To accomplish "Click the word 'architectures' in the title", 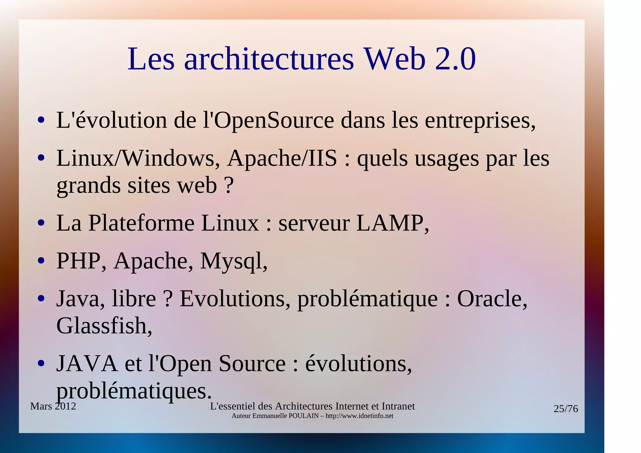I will pyautogui.click(x=269, y=59).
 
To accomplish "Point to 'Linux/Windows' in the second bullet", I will pyautogui.click(x=138, y=158).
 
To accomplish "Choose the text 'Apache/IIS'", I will pyautogui.click(x=282, y=158).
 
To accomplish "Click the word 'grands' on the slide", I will pyautogui.click(x=89, y=186).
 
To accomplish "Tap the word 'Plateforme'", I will pyautogui.click(x=141, y=223).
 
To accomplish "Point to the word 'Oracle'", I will pyautogui.click(x=492, y=299).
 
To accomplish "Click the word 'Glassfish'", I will pyautogui.click(x=104, y=326).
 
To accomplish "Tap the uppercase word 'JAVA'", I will pyautogui.click(x=87, y=363).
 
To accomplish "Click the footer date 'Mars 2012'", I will pyautogui.click(x=53, y=406).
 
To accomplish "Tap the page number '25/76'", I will pyautogui.click(x=566, y=409).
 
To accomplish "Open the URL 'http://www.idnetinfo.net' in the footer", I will pyautogui.click(x=359, y=416).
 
